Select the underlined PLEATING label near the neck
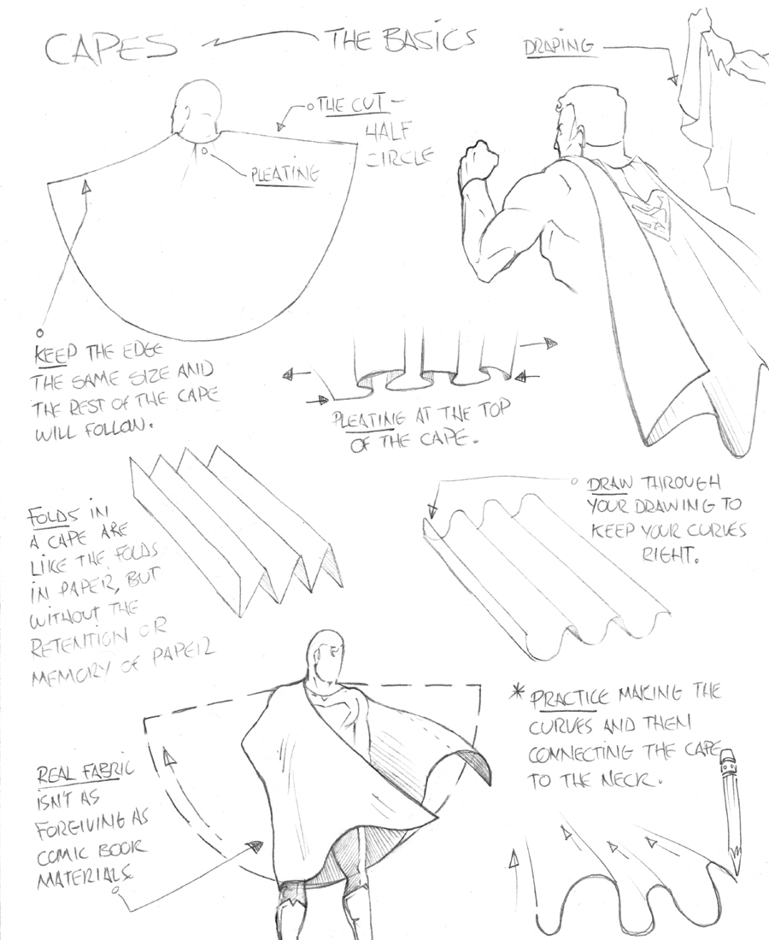pos(284,174)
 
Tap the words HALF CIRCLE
pos(398,146)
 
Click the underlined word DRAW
pos(608,484)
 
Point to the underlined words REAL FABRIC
pos(85,773)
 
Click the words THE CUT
pos(349,106)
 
